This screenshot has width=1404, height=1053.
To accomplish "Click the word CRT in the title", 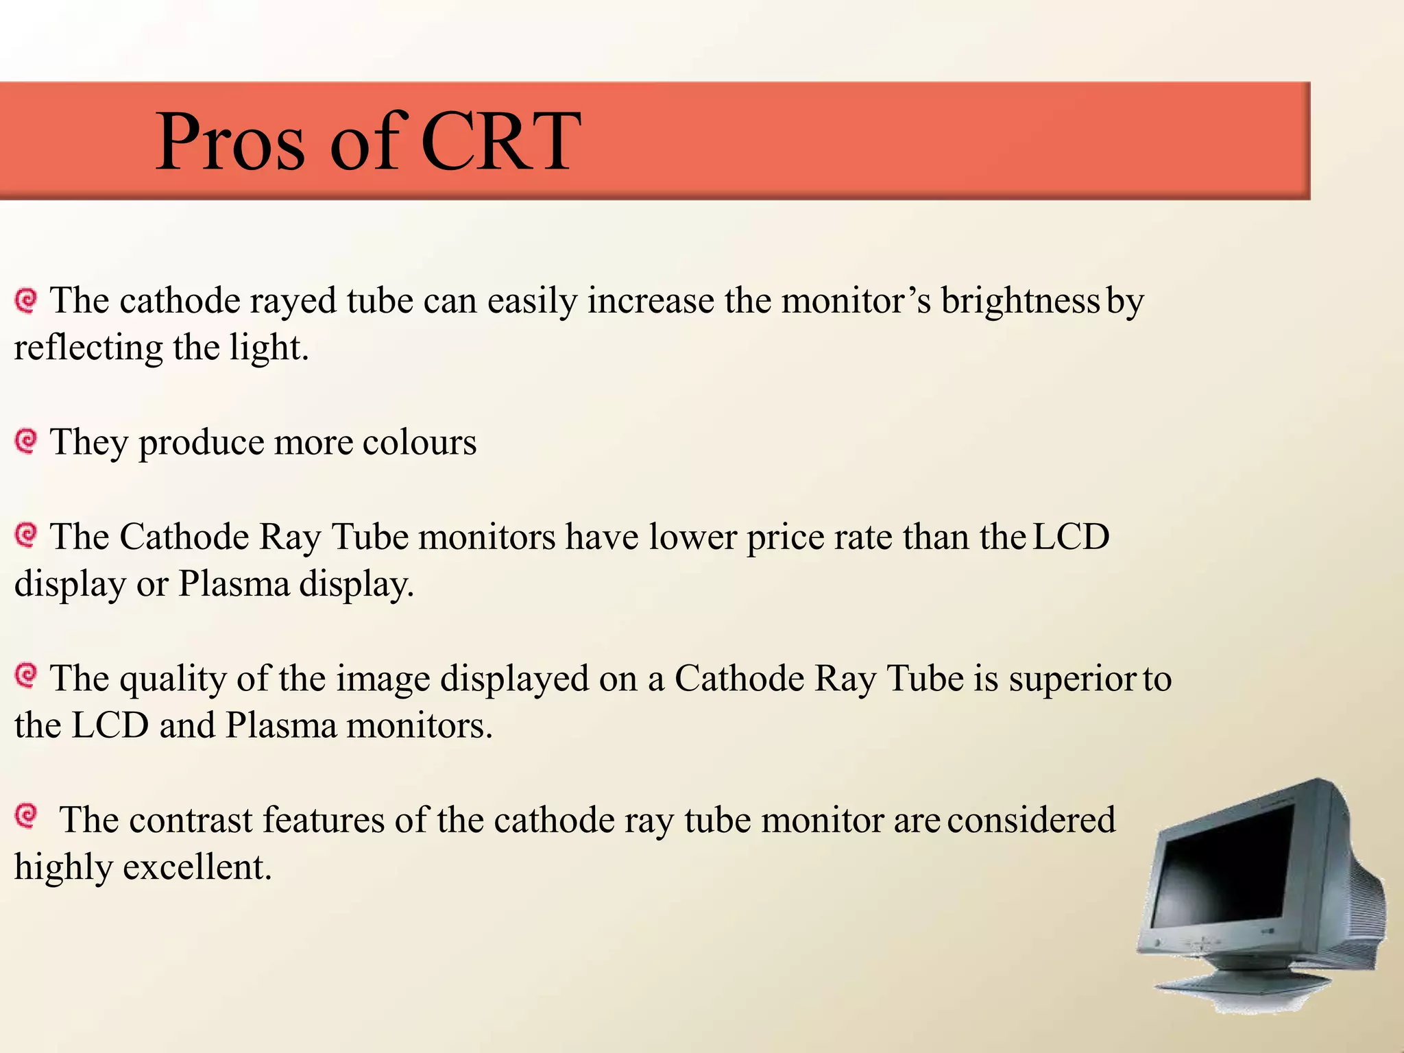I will pos(500,142).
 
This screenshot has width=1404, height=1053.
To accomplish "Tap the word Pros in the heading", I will pos(230,142).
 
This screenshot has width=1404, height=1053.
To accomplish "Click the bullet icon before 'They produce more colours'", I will pos(26,441).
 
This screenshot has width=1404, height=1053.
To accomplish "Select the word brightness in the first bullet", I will pos(1019,301).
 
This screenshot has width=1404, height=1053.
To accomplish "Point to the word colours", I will pos(419,442).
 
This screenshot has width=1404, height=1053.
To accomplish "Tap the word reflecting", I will pos(88,348).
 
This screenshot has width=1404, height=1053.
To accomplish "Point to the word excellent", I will pos(197,867).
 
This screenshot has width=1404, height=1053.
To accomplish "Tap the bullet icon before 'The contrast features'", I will pos(26,816).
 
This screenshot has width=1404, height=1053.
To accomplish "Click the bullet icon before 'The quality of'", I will pos(26,676).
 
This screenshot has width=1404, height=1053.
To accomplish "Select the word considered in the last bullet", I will pos(1032,821).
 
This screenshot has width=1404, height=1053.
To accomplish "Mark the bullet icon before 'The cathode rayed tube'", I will pos(26,300).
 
